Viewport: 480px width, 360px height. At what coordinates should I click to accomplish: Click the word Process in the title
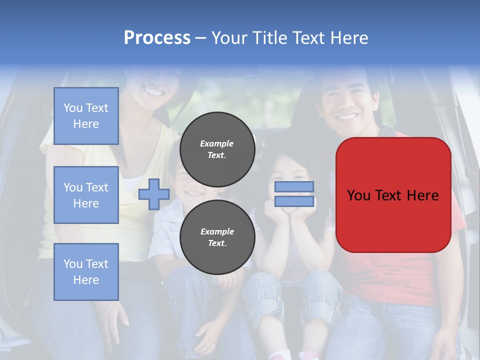tap(157, 38)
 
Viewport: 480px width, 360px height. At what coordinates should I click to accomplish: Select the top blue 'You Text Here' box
tap(86, 116)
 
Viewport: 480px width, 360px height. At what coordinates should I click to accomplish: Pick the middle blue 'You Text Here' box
tap(86, 195)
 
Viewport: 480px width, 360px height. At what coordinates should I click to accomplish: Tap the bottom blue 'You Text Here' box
tap(86, 271)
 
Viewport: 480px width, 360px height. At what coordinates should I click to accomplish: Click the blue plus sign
tap(154, 194)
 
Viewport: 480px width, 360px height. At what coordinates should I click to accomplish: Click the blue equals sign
tap(294, 194)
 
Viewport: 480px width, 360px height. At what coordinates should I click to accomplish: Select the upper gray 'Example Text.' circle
tap(217, 149)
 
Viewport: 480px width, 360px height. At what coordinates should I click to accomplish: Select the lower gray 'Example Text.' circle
tap(217, 237)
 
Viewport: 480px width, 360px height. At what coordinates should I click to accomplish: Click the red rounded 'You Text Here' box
tap(393, 195)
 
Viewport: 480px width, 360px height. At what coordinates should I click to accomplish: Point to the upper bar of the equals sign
tap(294, 187)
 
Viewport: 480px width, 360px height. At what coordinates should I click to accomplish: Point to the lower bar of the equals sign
tap(294, 201)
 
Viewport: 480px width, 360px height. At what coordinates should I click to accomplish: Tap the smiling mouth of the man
tap(347, 117)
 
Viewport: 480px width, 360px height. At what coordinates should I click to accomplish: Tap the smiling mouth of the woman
tap(153, 92)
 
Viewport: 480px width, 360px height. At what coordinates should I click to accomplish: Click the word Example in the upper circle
tap(216, 143)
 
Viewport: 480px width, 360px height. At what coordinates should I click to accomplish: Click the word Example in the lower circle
tap(216, 231)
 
